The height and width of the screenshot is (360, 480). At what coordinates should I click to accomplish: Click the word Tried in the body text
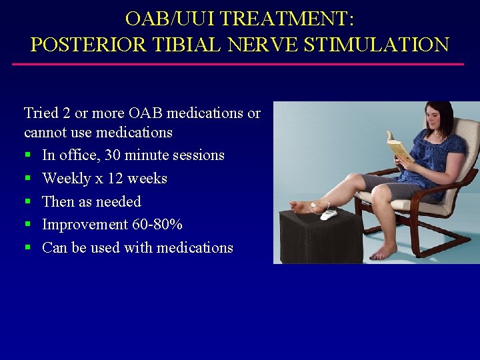39,113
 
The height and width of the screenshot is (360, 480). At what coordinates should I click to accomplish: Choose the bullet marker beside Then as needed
28,202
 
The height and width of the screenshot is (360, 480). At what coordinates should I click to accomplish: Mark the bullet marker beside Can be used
28,248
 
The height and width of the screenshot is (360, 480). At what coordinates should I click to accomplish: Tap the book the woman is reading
400,148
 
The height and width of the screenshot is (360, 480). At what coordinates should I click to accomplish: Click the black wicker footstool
320,237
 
